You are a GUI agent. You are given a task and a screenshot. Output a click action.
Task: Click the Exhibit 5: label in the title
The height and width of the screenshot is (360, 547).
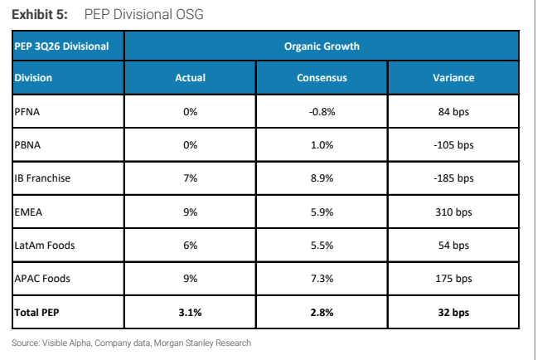click(x=40, y=15)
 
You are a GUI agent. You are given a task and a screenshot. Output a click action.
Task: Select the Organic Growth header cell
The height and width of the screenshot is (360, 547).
click(x=322, y=46)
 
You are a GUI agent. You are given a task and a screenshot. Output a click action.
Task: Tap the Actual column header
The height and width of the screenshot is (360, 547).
click(x=190, y=77)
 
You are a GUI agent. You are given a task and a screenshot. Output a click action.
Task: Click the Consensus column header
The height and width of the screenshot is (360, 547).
click(x=322, y=77)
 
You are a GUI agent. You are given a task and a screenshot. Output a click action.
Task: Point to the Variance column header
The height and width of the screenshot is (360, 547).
click(x=453, y=77)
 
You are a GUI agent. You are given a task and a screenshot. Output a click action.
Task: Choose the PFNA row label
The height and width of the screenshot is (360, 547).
click(x=27, y=112)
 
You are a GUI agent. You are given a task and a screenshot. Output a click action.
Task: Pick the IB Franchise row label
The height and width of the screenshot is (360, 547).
click(x=42, y=178)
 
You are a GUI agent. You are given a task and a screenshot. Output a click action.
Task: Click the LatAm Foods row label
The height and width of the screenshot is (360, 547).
click(x=44, y=246)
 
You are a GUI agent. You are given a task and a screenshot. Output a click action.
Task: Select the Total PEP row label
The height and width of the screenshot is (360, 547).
click(x=36, y=312)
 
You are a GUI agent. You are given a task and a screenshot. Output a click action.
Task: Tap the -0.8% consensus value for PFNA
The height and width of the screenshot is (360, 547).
click(x=322, y=112)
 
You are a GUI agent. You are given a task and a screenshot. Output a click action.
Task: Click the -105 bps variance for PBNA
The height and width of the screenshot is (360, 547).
click(x=453, y=145)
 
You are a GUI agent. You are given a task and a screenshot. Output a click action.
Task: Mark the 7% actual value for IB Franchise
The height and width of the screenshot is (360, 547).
click(x=190, y=178)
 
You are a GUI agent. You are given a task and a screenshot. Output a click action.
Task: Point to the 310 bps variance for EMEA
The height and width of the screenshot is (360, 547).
click(x=453, y=212)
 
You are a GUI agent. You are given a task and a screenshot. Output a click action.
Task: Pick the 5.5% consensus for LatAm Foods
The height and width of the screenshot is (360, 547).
click(x=322, y=246)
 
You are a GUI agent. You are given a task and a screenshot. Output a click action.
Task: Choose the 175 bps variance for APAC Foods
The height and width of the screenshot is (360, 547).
click(x=453, y=278)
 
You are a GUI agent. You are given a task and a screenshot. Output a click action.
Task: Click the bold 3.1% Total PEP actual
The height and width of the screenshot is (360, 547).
click(x=190, y=312)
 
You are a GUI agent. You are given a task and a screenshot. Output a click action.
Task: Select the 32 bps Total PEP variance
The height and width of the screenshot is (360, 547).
click(x=453, y=312)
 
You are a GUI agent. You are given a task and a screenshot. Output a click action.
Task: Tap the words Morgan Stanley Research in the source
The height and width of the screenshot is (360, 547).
click(x=202, y=343)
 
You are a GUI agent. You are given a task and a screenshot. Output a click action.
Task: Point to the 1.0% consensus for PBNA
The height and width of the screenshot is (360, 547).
click(x=322, y=145)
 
